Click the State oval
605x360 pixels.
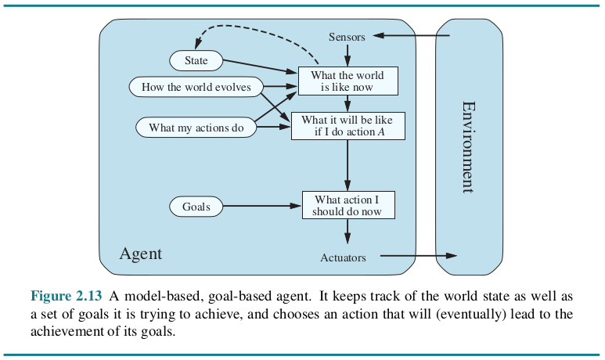[x=196, y=60]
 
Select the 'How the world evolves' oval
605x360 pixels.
[x=196, y=87]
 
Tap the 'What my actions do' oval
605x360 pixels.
[x=196, y=128]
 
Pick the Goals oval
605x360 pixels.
[x=196, y=207]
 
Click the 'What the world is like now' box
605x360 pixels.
[x=348, y=81]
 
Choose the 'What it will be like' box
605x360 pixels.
[x=348, y=126]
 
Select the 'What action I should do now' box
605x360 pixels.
[x=348, y=205]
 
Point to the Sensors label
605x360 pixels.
[x=347, y=37]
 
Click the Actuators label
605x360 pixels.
[x=343, y=257]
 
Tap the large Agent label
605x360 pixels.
[x=140, y=254]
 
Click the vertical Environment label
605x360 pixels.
[x=469, y=147]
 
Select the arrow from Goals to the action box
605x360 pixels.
[x=262, y=206]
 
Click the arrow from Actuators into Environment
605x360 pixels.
[x=419, y=255]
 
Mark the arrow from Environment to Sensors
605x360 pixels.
[x=412, y=35]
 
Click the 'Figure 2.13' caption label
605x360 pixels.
[x=67, y=296]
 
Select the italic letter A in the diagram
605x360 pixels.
[x=381, y=132]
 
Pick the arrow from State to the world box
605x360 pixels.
[x=261, y=66]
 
